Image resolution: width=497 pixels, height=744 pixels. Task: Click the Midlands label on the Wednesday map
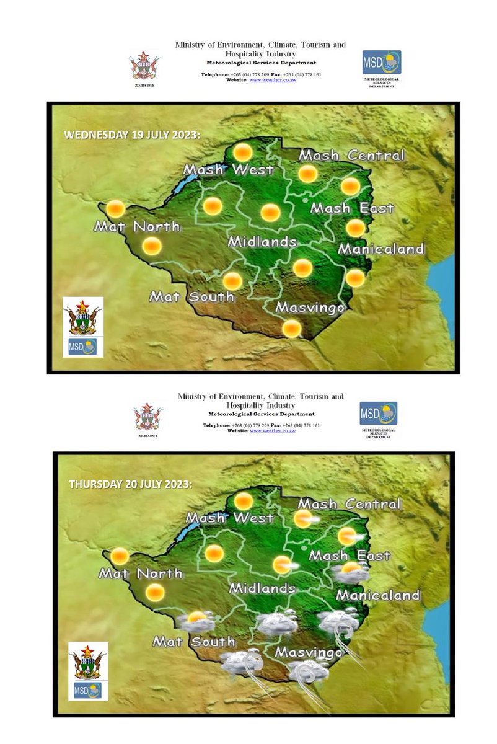(262, 242)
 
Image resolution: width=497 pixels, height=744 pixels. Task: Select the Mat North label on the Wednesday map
(137, 226)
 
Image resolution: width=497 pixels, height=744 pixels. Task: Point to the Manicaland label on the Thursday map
(378, 595)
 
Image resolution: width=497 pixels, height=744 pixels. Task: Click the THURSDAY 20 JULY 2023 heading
(130, 484)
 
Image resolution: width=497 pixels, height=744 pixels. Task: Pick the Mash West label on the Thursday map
(229, 518)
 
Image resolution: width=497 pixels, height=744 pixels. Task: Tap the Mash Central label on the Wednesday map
(351, 155)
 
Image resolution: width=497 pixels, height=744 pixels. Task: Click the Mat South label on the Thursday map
(194, 641)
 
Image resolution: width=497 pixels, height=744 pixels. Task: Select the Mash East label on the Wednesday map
(351, 208)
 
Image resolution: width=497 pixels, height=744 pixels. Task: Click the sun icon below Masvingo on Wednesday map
(291, 328)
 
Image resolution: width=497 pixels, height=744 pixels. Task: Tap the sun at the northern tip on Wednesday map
(242, 152)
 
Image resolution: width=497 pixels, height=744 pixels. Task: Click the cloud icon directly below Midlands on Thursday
(276, 622)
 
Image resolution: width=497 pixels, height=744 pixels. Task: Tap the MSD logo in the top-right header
(381, 63)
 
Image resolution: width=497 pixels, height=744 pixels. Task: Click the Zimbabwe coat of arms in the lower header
(148, 417)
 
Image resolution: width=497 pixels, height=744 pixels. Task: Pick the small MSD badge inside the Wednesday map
(82, 347)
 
